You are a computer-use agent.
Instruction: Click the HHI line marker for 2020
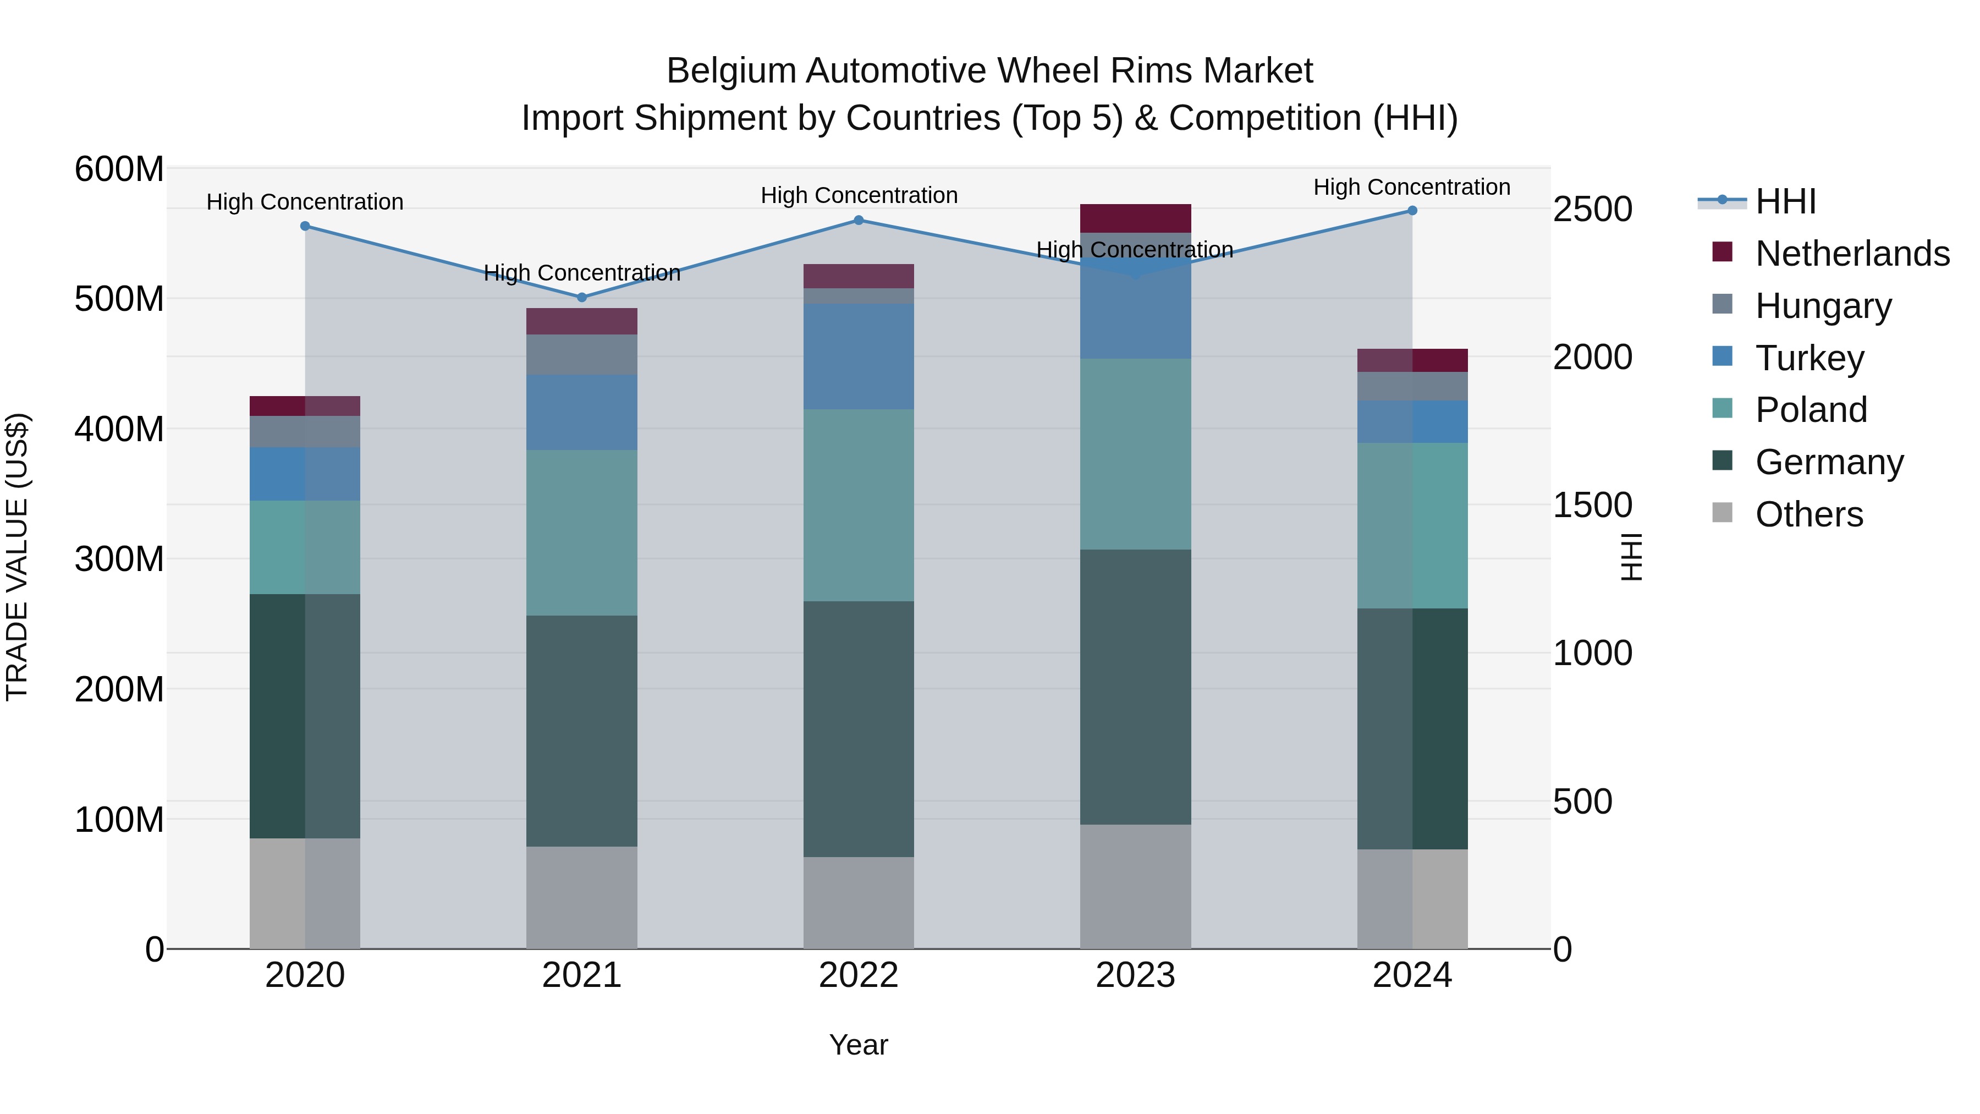coord(305,226)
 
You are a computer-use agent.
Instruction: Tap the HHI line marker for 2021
coord(582,298)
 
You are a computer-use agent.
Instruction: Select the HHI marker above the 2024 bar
coord(1412,211)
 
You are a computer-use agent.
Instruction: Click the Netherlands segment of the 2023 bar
coord(1135,218)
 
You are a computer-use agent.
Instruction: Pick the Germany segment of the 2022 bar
coord(859,729)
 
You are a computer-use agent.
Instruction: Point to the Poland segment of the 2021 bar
coord(582,533)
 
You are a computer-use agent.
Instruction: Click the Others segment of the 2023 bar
coord(1135,886)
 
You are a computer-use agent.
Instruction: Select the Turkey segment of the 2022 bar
coord(859,356)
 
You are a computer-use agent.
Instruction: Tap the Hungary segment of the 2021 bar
coord(582,354)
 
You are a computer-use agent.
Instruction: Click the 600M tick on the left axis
coord(119,169)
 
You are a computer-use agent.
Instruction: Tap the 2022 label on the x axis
coord(859,975)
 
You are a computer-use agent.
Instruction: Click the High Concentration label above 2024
coord(1411,187)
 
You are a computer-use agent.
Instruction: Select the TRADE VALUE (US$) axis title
coord(17,557)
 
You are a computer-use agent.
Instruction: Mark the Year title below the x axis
coord(859,1045)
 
